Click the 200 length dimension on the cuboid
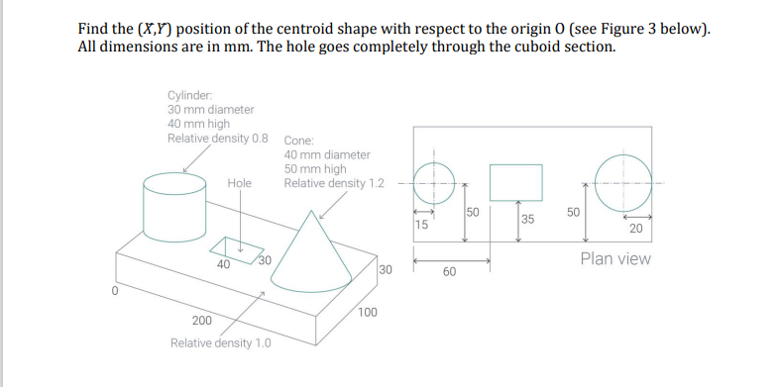click(201, 321)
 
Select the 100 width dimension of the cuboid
click(367, 312)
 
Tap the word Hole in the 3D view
click(240, 183)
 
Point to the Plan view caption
click(615, 259)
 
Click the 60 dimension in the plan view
click(449, 271)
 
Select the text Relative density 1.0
click(219, 343)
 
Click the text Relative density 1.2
click(333, 183)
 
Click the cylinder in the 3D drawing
click(173, 203)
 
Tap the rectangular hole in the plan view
click(516, 181)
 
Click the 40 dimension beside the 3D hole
click(224, 263)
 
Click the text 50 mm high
click(315, 168)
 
